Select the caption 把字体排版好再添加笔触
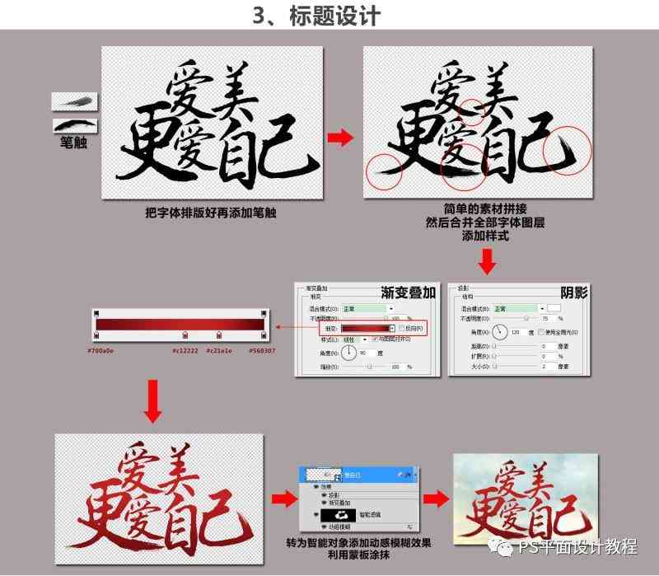[210, 213]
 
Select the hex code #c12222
[185, 349]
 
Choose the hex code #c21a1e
[218, 349]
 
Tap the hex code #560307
[262, 349]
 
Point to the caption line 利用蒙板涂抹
[364, 555]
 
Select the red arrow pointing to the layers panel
[282, 497]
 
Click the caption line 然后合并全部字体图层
[485, 222]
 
